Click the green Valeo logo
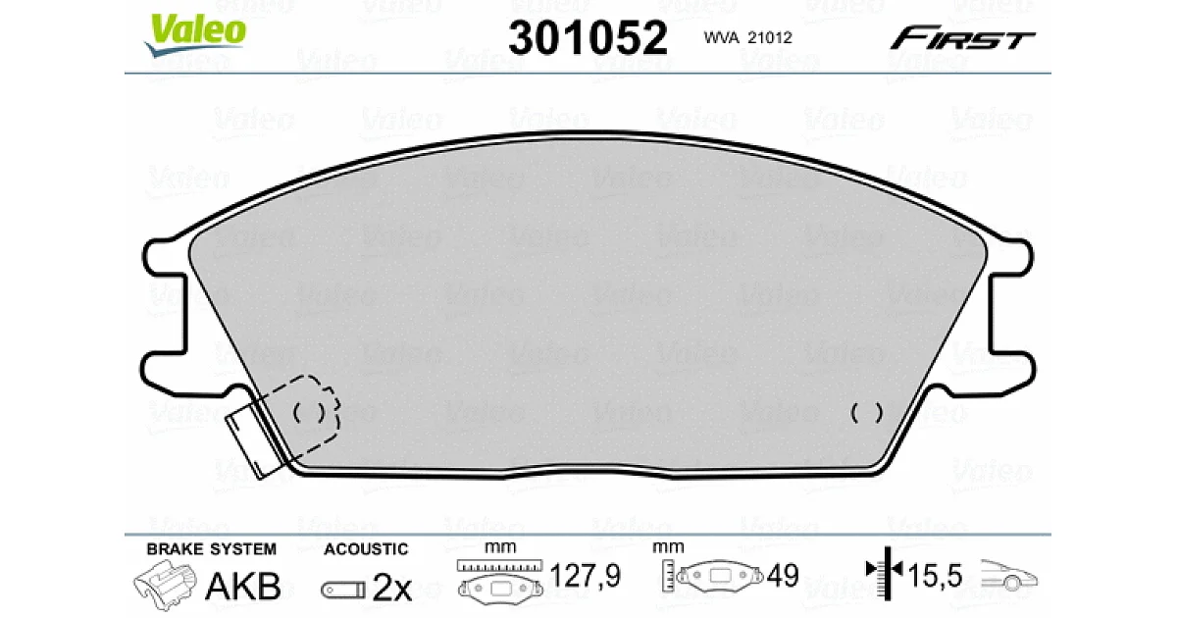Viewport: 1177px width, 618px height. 195,34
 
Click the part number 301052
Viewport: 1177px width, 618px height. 588,38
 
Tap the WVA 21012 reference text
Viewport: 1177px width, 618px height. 747,38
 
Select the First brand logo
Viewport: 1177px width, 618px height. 962,38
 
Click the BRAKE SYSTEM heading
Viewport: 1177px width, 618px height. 211,549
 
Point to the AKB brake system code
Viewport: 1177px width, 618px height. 243,586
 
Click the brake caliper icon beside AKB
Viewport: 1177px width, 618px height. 165,585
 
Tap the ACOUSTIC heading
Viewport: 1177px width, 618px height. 366,549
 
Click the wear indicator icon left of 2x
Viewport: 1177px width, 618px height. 343,590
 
